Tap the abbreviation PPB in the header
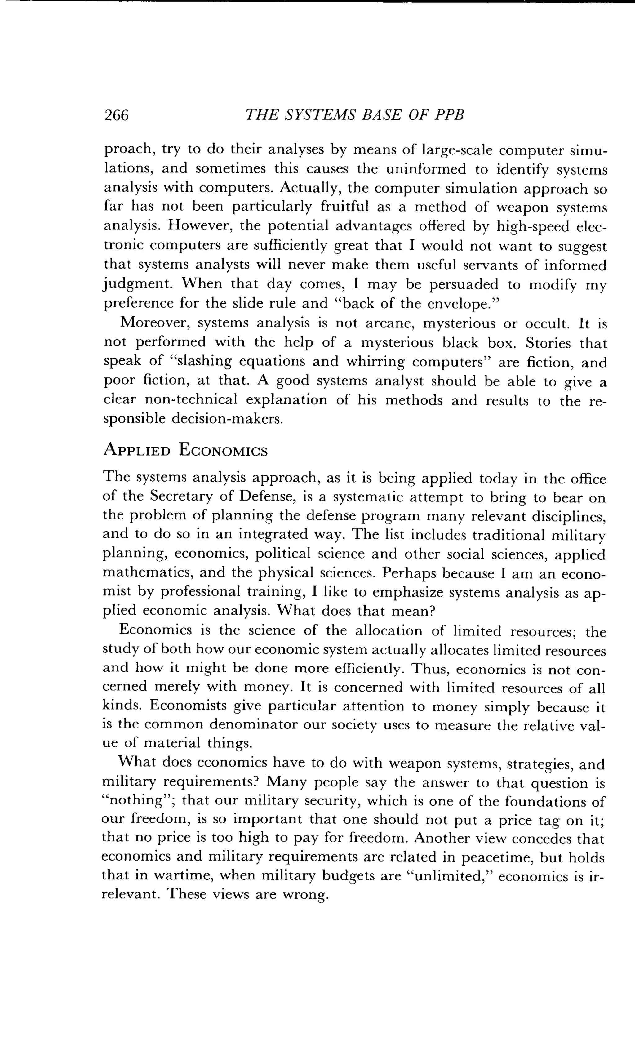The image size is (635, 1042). click(449, 115)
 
